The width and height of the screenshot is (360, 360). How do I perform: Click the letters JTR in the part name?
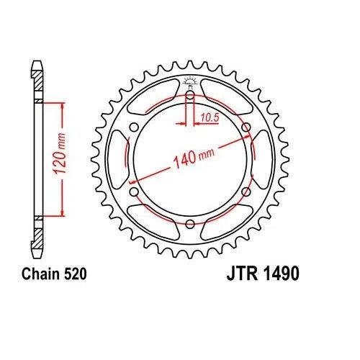coord(242,274)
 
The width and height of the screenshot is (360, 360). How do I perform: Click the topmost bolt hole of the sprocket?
coord(189,95)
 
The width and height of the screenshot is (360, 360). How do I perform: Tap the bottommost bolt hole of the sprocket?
coord(189,225)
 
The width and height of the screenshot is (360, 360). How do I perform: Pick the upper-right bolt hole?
coord(246,127)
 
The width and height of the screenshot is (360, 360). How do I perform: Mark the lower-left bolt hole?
coord(133,192)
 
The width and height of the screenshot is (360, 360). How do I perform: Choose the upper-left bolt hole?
coord(133,127)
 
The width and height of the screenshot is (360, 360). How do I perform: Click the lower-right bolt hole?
coord(246,192)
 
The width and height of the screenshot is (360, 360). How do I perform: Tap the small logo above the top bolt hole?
coord(189,80)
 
